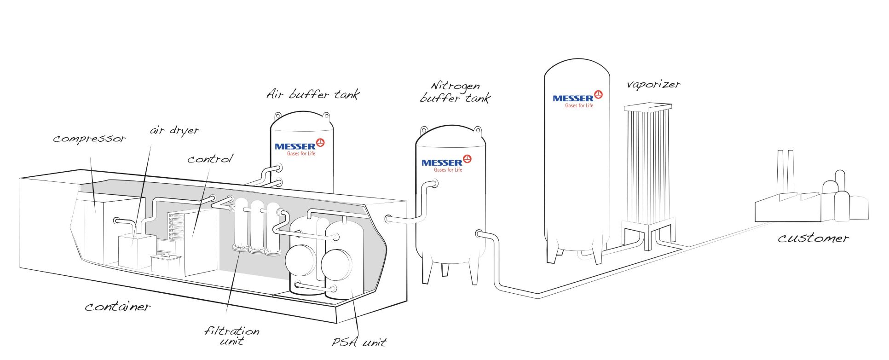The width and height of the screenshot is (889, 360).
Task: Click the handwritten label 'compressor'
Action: (89, 139)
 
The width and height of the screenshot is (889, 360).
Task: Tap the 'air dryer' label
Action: (174, 131)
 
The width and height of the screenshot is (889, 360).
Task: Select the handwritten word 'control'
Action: (210, 159)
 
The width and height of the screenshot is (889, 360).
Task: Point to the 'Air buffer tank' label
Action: (313, 94)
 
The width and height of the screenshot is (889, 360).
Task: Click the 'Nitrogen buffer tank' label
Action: (455, 92)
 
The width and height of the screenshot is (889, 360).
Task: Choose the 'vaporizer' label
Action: (653, 85)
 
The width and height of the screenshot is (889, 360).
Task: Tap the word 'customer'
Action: (813, 238)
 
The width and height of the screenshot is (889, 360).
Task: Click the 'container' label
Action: (118, 307)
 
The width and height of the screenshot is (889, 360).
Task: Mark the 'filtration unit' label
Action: (232, 336)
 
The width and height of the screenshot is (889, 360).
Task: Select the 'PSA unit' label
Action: (359, 342)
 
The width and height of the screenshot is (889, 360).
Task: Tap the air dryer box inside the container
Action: (137, 251)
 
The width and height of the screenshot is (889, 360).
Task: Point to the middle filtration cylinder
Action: (257, 227)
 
